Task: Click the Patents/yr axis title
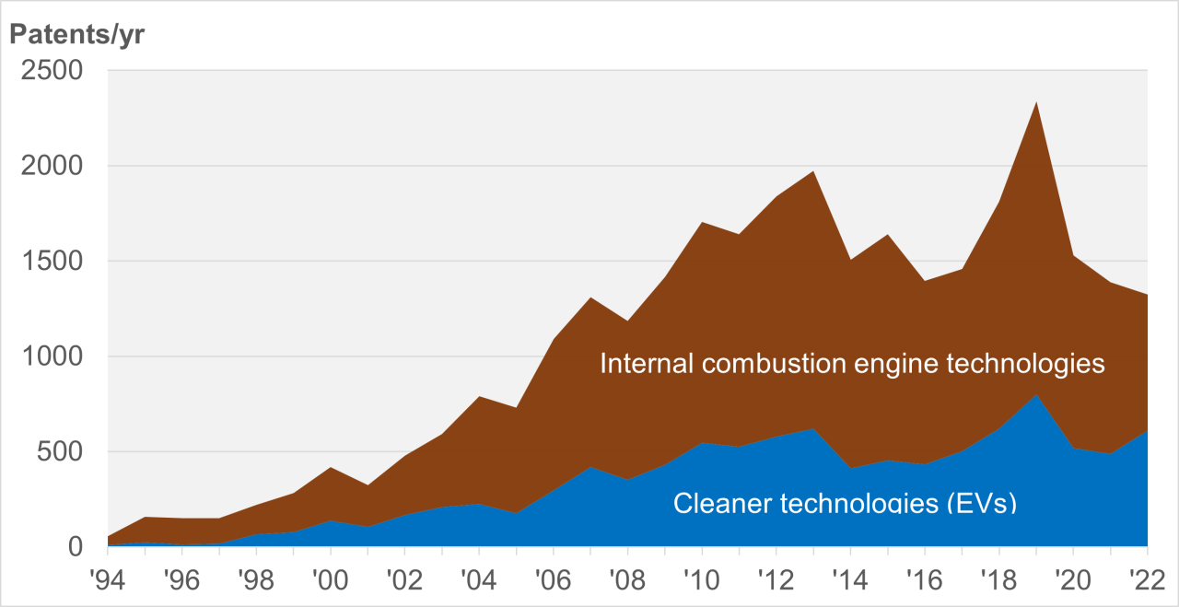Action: click(x=77, y=35)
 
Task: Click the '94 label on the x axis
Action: click(x=108, y=582)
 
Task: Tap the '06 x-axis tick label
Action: click(x=554, y=582)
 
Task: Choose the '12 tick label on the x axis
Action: click(x=776, y=582)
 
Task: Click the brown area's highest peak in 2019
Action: click(x=1036, y=102)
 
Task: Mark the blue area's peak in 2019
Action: click(x=1036, y=395)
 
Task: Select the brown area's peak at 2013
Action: click(x=813, y=171)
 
